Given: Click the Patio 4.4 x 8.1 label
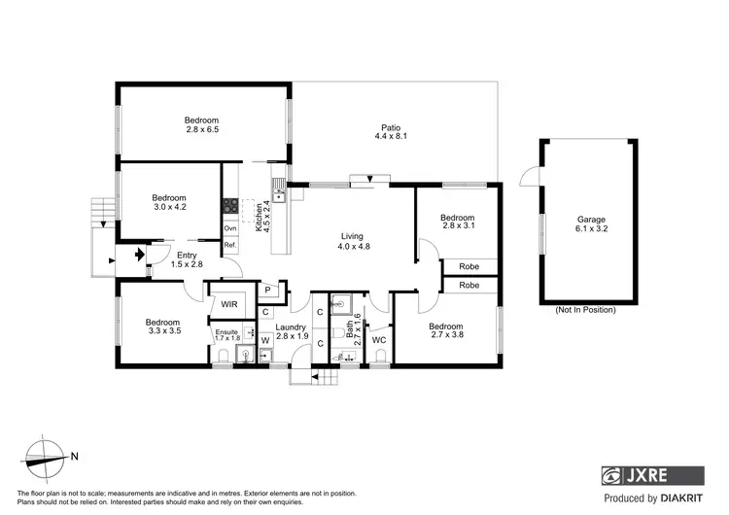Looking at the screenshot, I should [x=391, y=132].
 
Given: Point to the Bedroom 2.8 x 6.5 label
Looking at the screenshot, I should [x=202, y=124].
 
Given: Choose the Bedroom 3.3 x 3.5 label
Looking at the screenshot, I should [x=163, y=327].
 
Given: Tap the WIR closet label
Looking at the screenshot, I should [x=229, y=304].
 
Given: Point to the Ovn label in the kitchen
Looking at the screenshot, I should [x=230, y=228].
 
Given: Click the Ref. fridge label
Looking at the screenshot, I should [x=230, y=245].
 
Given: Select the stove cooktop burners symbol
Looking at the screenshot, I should [x=231, y=205].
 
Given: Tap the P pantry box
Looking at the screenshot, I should [x=266, y=290].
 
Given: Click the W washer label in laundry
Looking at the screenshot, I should [x=264, y=340].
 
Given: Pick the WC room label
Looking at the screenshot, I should [x=379, y=340].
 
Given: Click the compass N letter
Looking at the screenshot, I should [x=75, y=456].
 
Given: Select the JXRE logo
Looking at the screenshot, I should [x=651, y=476].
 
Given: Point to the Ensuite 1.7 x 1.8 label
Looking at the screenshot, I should [x=226, y=335].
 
